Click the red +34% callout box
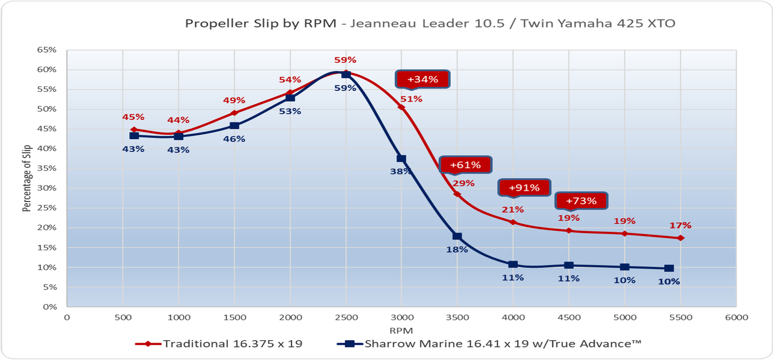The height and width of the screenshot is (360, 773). click(x=423, y=79)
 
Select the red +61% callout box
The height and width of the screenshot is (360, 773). click(x=465, y=165)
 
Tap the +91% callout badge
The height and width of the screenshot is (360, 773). click(x=524, y=187)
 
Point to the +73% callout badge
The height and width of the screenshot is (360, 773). click(x=581, y=201)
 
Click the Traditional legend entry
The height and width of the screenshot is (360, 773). click(x=232, y=344)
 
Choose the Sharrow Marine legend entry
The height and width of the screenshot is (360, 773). click(x=502, y=344)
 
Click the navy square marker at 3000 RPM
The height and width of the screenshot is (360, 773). click(x=401, y=158)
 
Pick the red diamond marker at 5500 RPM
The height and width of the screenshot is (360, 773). click(x=681, y=238)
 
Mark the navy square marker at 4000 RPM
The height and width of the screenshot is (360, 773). click(x=513, y=264)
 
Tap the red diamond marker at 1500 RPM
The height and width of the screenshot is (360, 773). click(x=234, y=113)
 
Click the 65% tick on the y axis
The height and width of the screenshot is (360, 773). click(x=47, y=50)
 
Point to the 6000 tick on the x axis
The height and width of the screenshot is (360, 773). click(x=736, y=317)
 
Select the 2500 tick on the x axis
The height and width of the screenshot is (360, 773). click(x=346, y=317)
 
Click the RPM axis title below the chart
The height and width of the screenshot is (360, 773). click(x=401, y=331)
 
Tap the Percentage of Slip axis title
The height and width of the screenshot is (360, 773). click(x=27, y=178)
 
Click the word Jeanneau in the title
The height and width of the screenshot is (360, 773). click(x=383, y=23)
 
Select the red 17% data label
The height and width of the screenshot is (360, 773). click(x=680, y=225)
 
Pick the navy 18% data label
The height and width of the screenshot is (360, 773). click(x=457, y=249)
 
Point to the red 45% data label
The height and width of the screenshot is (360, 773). click(x=133, y=117)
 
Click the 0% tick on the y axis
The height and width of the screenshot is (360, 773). click(x=50, y=306)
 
